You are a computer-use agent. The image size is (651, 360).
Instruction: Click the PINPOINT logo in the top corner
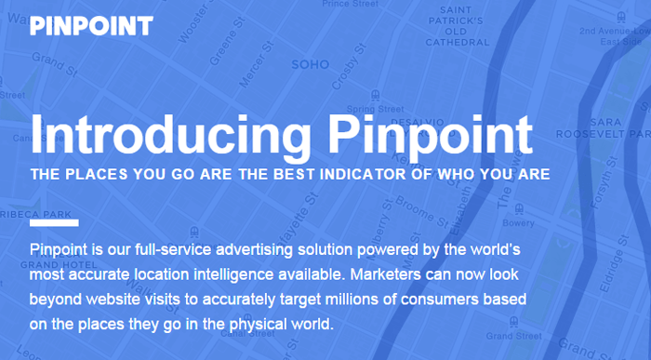pyautogui.click(x=91, y=25)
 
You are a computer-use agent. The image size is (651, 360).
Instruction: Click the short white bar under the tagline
pyautogui.click(x=54, y=223)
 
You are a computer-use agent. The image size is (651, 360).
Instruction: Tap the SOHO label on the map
pyautogui.click(x=310, y=65)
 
